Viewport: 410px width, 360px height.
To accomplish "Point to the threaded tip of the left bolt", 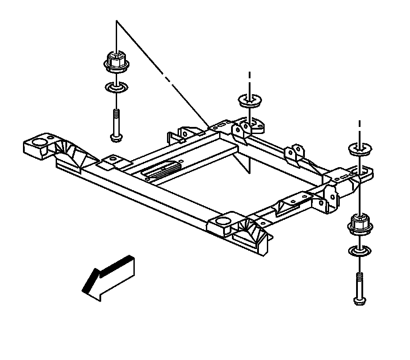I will coord(115,113).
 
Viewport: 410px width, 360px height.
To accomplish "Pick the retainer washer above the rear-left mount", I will coord(249,101).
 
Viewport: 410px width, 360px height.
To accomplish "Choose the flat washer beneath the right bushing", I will coord(360,251).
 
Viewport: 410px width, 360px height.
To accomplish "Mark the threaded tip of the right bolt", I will coord(360,278).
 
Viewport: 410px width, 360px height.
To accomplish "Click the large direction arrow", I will coord(108,279).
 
